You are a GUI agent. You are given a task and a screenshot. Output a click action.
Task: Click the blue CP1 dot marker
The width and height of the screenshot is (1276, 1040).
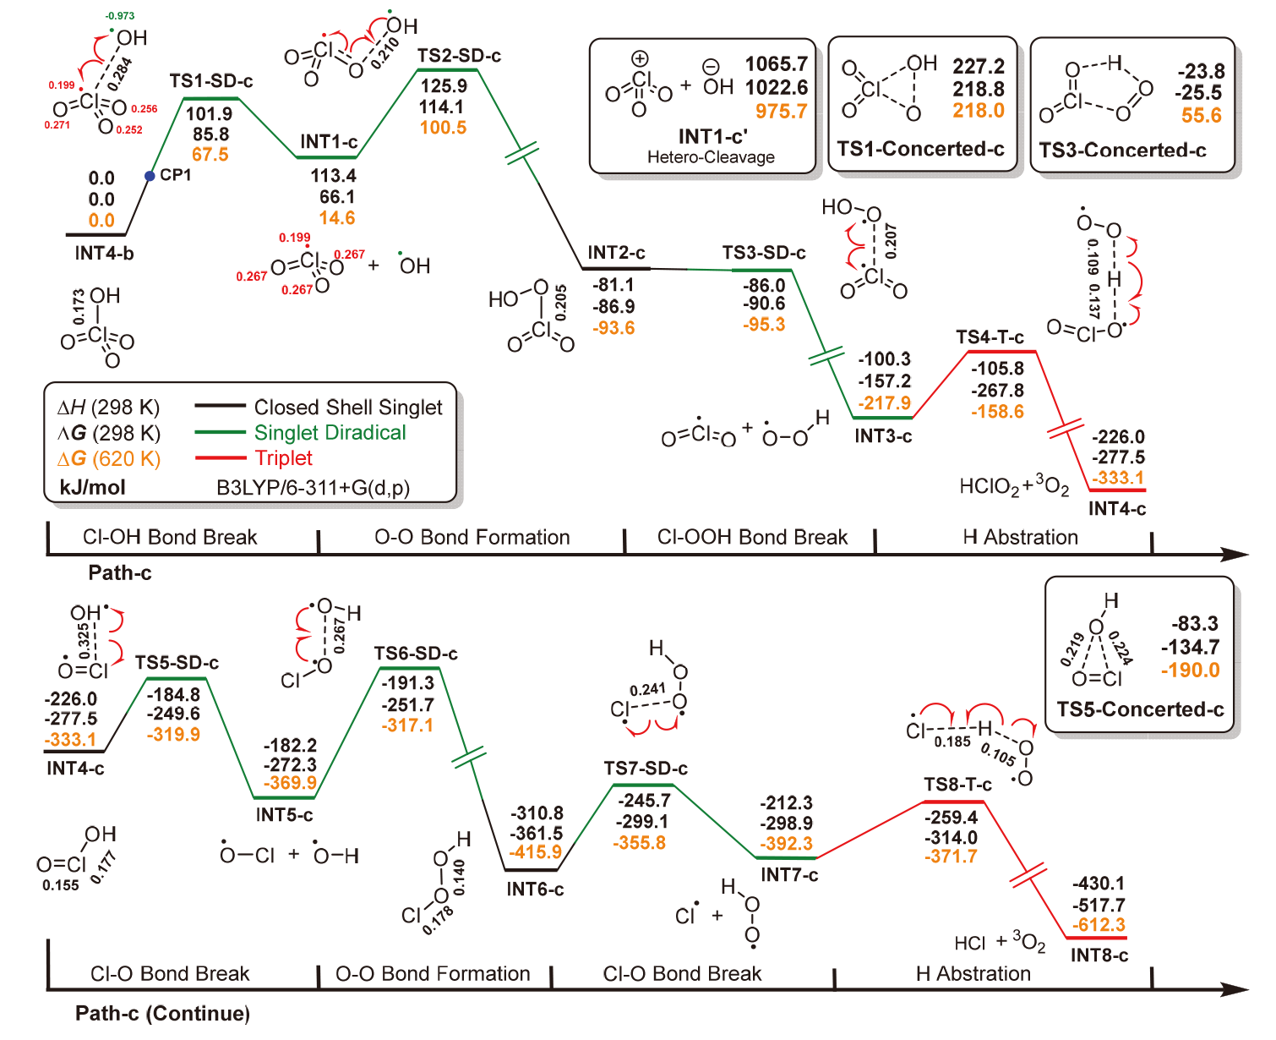[150, 176]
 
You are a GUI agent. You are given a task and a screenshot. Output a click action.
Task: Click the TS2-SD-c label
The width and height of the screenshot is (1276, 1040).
[459, 56]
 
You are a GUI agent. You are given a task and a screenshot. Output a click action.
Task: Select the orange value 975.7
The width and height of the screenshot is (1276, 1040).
[781, 111]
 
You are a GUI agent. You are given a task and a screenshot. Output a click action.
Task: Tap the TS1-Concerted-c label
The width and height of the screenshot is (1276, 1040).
[920, 149]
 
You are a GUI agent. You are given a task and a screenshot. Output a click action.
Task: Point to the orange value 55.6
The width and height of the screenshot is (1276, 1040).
[1202, 115]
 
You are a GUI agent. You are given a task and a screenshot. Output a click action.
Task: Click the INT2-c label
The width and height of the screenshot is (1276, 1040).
[616, 253]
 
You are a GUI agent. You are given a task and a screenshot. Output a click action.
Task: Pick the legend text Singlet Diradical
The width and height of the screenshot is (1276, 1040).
[330, 433]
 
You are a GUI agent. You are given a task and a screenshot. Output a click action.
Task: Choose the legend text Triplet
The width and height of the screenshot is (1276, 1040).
[283, 458]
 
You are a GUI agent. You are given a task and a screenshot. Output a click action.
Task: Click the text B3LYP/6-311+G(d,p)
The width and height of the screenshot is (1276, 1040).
[313, 488]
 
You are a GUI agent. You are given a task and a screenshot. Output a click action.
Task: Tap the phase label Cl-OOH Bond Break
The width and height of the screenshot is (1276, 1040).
[752, 538]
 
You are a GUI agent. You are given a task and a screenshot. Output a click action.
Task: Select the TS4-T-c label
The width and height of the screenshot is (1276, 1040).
[990, 337]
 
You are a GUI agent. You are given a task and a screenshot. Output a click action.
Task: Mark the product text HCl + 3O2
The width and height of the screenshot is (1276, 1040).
[1000, 943]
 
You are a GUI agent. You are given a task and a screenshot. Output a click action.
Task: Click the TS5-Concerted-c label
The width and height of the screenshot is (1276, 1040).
[1140, 709]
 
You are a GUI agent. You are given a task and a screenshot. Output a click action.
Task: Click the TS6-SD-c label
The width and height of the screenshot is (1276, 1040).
[416, 654]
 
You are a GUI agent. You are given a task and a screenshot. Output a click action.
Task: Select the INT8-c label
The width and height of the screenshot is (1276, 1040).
[1099, 955]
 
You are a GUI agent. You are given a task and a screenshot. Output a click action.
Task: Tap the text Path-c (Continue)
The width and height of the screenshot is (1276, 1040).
[162, 1014]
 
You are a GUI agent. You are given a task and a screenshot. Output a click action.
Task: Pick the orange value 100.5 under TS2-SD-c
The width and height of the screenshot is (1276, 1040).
[443, 128]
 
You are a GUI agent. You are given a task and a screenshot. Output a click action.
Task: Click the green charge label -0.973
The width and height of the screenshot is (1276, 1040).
[120, 16]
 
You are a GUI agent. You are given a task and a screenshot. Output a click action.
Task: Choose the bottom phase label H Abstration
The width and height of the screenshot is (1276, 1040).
[973, 974]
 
